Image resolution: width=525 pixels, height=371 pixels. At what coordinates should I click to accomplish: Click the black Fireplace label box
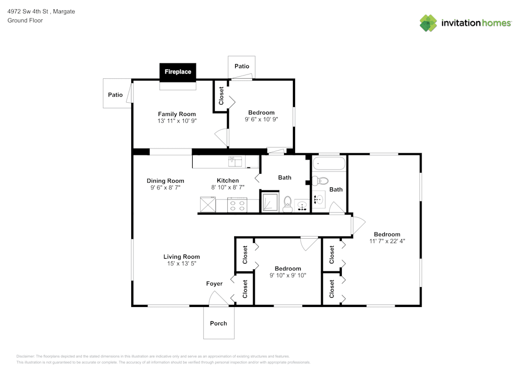178,72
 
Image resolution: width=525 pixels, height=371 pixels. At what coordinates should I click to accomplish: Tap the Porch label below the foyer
218,323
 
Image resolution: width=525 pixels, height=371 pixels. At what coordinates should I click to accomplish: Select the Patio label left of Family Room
115,95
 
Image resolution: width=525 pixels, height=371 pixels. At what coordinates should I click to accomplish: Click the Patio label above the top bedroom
241,67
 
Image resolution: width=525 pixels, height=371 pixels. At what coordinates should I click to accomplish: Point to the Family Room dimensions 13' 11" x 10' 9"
177,121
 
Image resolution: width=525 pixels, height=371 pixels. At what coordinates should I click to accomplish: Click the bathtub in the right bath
329,163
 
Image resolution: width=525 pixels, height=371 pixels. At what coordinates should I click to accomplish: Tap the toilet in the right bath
319,182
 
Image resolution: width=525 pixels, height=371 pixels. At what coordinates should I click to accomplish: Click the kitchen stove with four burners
237,205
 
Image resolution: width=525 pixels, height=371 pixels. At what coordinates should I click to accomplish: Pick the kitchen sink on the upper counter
234,162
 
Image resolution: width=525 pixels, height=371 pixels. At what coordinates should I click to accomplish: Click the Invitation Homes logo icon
428,23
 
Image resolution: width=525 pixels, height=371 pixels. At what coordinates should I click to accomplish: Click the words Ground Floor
25,20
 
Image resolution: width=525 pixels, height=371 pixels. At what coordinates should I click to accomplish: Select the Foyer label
214,284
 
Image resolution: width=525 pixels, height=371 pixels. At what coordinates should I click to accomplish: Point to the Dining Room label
165,181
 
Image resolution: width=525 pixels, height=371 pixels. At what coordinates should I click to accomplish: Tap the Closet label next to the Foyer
245,289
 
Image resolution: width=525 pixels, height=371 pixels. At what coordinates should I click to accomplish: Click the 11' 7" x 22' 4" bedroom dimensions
387,241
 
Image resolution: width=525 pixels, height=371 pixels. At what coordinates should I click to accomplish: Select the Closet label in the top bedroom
221,96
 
